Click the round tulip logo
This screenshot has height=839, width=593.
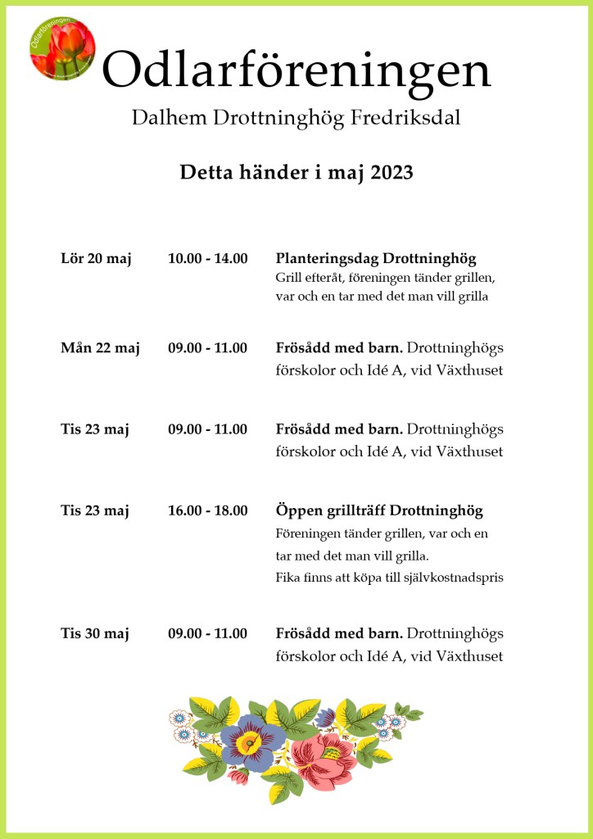[62, 48]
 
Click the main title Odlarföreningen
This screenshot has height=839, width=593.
[296, 71]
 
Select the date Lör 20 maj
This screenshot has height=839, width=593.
[96, 259]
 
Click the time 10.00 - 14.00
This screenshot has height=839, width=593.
[207, 259]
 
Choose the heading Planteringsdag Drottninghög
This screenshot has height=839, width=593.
[376, 259]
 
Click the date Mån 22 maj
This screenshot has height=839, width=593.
[100, 348]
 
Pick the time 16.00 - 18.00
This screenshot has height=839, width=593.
[207, 511]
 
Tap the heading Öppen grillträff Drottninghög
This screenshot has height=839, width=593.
[379, 511]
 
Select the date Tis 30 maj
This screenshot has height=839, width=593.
[95, 633]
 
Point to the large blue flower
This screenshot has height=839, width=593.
[252, 738]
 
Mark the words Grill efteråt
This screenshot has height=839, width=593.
[306, 278]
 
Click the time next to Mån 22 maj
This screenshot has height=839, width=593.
[207, 348]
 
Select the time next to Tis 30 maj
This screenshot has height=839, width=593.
[207, 633]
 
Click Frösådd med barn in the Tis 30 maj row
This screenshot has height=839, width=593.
[339, 633]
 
